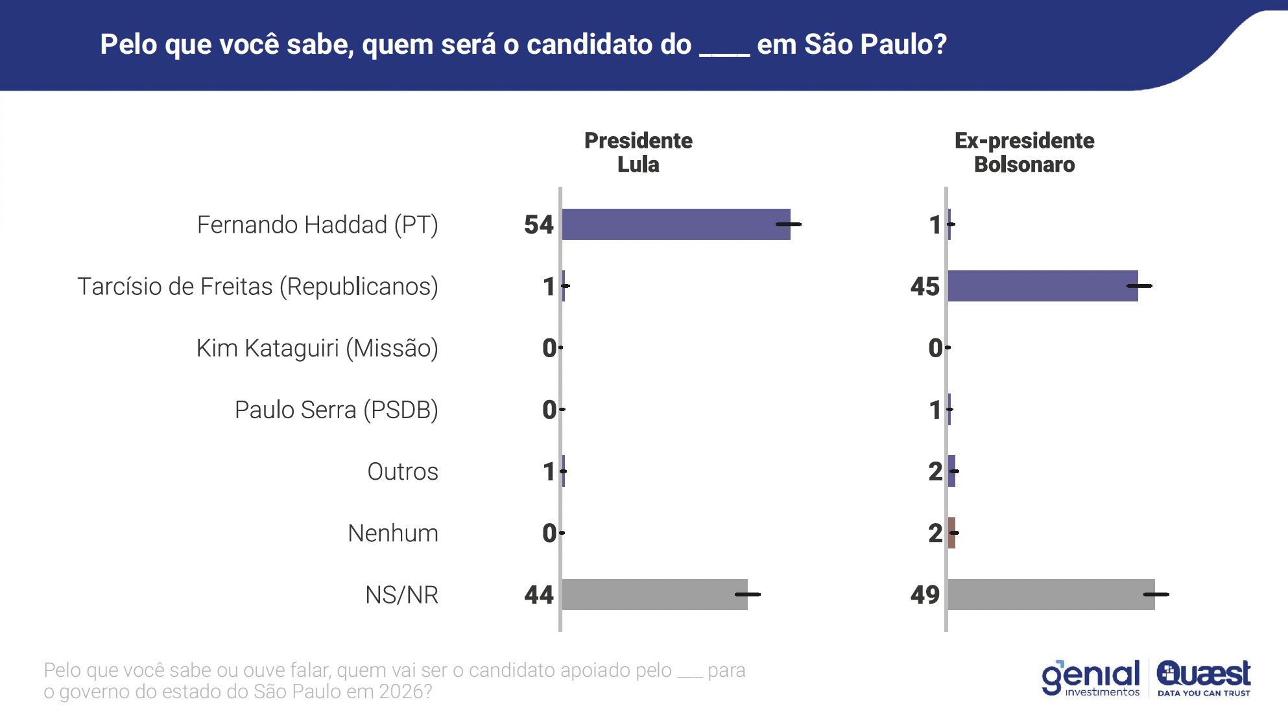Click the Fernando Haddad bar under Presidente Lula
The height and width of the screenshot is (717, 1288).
click(x=676, y=224)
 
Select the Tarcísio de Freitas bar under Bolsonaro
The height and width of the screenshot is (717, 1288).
click(x=1042, y=286)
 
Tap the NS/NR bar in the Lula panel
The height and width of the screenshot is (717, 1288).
click(x=654, y=594)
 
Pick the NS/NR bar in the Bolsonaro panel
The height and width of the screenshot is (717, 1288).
click(x=1051, y=594)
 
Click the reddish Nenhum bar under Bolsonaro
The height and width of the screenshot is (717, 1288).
click(x=951, y=533)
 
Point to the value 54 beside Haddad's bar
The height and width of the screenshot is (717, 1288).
click(x=539, y=225)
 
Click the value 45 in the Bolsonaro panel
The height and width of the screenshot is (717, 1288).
click(x=925, y=287)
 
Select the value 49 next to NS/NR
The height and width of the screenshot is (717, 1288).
click(x=925, y=594)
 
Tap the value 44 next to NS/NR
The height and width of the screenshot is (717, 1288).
click(x=539, y=594)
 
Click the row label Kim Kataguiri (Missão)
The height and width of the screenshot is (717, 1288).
click(x=317, y=348)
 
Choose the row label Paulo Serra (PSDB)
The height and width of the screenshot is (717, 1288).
click(x=336, y=410)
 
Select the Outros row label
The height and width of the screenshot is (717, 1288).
click(x=403, y=471)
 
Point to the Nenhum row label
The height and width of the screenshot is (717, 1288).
click(x=393, y=533)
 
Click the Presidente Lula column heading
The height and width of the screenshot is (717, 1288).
click(x=638, y=152)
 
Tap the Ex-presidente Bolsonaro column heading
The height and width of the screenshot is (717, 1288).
click(x=1024, y=152)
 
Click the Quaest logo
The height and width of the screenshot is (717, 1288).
click(x=1204, y=678)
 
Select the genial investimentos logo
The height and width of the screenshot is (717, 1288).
click(x=1091, y=678)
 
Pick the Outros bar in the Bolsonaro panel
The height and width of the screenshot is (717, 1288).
click(x=951, y=471)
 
